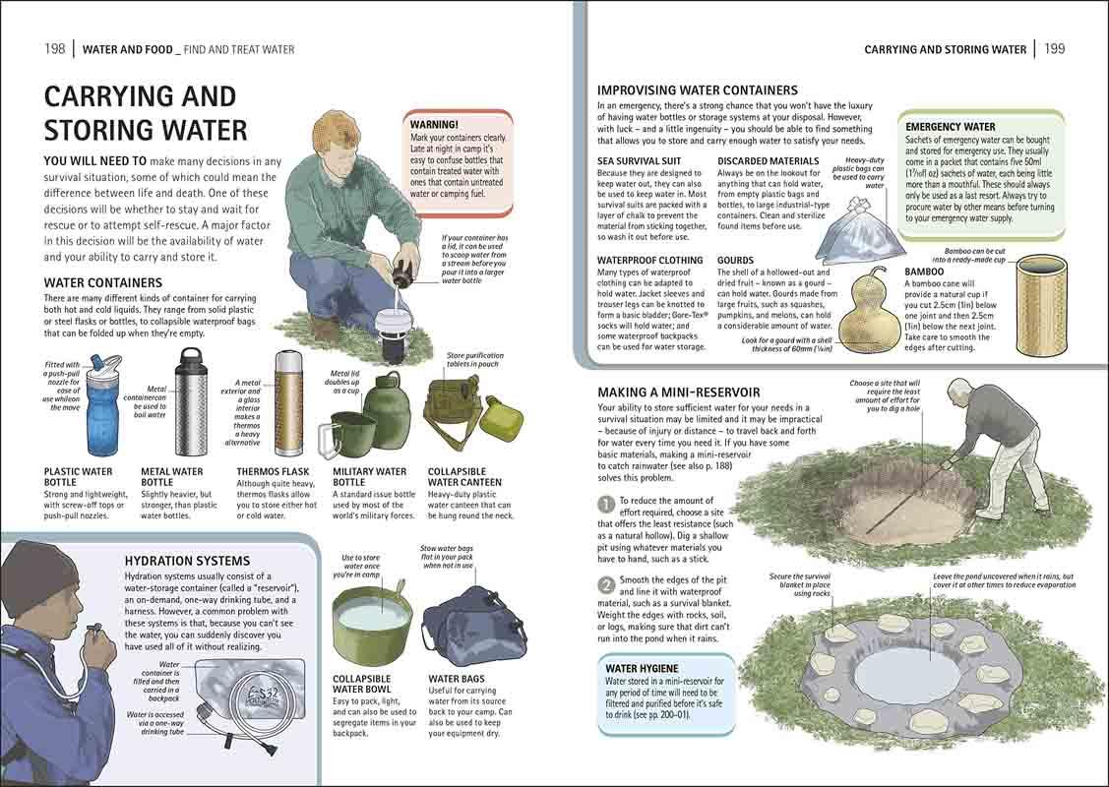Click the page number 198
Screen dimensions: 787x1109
[55, 49]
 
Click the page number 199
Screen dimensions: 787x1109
[1054, 49]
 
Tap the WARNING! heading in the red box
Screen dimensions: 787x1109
[434, 125]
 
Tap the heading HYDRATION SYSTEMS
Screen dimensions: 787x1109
[187, 561]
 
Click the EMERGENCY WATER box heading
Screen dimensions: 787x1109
[950, 127]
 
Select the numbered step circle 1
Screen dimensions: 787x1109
[607, 504]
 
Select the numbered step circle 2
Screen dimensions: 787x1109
[607, 584]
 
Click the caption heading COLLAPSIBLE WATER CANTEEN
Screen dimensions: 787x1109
[463, 477]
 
